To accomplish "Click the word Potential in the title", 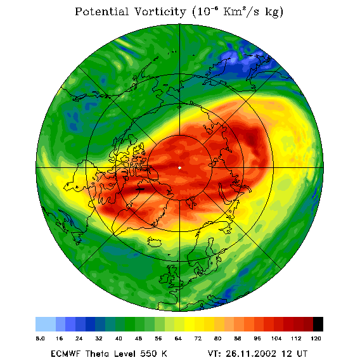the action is click(101, 11).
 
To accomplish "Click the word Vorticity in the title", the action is click(160, 11).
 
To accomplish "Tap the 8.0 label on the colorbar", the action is click(40, 338).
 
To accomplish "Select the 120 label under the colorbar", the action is click(316, 338).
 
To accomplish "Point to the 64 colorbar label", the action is click(178, 338).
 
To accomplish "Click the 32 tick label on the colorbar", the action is click(99, 338).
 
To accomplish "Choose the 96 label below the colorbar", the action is click(257, 338).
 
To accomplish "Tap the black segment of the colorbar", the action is click(318, 324).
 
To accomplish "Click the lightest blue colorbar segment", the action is click(46, 324).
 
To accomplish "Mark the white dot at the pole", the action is click(179, 168).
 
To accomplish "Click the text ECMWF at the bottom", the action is click(65, 354).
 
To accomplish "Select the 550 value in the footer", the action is click(149, 354).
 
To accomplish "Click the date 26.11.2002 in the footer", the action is click(251, 354).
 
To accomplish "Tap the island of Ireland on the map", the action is click(164, 278).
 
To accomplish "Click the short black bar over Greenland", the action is click(140, 189).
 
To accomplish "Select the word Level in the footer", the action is click(125, 354).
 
